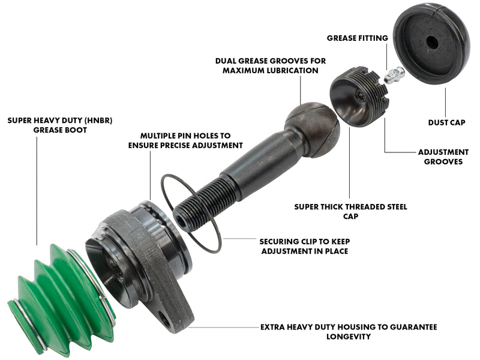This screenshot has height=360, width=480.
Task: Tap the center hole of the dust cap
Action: point(432,41)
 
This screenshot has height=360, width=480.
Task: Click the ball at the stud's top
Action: point(313,128)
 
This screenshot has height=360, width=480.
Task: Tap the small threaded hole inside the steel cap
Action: point(361,96)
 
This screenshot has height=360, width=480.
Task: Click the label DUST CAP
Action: point(446,122)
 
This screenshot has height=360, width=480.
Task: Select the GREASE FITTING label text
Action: point(357,38)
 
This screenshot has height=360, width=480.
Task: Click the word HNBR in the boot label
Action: point(98,121)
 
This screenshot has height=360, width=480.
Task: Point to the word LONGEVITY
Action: point(349,337)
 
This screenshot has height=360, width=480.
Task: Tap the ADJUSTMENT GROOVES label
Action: point(443,157)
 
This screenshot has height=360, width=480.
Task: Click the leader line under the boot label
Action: point(37,191)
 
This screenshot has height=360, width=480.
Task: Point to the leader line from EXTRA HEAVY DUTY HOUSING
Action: point(224,327)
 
